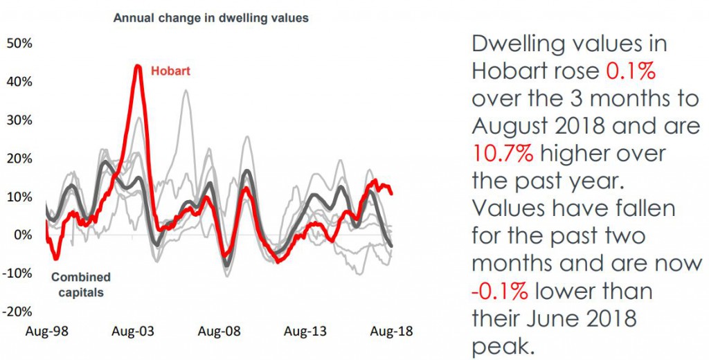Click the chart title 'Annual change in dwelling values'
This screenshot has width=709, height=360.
pos(210,19)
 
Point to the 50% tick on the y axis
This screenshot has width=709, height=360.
pos(19,44)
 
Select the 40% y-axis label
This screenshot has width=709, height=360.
pos(19,82)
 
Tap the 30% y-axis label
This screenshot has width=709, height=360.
pos(19,120)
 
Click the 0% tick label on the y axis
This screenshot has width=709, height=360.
pos(23,235)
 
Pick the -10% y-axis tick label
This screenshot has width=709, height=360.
pos(18,273)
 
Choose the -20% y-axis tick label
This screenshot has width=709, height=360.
pos(18,311)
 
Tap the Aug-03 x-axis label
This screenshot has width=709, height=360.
pos(133,331)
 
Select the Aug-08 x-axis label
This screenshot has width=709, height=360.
pos(219,331)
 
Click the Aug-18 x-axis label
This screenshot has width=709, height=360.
pos(391,331)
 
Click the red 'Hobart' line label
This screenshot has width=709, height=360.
pos(170,71)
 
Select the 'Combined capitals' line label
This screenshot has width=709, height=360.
pos(80,285)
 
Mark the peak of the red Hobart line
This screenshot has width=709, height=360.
pos(138,66)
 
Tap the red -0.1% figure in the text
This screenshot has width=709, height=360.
pos(499,291)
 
